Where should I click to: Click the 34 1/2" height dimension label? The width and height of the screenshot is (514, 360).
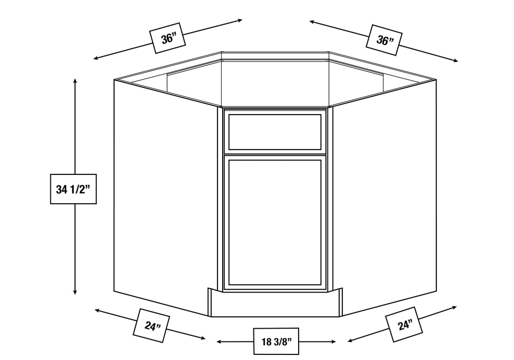tap(73, 189)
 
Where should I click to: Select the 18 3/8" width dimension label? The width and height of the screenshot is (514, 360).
tap(276, 341)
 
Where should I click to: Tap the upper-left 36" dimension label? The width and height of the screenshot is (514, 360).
tap(168, 38)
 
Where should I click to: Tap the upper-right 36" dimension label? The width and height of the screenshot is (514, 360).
tap(384, 40)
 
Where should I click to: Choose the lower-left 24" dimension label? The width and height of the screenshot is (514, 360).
tap(151, 326)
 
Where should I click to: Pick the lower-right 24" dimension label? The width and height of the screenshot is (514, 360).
tap(404, 325)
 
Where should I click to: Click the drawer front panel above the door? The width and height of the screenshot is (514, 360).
tap(274, 132)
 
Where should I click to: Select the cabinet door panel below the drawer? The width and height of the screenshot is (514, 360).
tap(274, 223)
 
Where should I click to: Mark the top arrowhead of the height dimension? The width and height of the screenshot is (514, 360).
tap(75, 81)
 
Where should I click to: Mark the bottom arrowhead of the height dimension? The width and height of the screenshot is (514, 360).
tap(75, 292)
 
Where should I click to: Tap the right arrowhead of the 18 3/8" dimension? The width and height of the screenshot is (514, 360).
tap(333, 342)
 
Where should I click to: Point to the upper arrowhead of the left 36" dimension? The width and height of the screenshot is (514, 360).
tap(240, 21)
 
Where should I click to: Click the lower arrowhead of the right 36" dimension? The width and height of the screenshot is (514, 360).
tap(455, 61)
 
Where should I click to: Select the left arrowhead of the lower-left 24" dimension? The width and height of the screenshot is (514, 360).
tap(97, 310)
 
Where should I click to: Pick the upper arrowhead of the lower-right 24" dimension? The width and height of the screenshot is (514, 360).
tap(454, 308)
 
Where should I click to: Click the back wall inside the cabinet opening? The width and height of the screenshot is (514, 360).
tap(275, 82)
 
